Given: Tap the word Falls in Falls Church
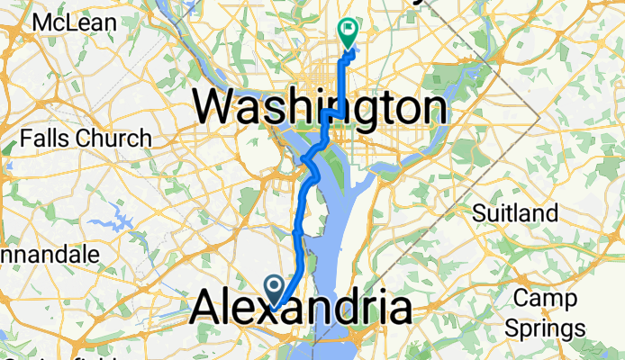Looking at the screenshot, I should point(46,139).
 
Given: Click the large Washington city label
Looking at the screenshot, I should point(320,109).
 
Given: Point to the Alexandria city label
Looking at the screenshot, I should point(301,309).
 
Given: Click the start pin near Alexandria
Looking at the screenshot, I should point(274,287).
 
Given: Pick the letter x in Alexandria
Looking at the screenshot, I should point(274,309).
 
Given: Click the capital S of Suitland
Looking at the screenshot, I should point(482,212).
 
